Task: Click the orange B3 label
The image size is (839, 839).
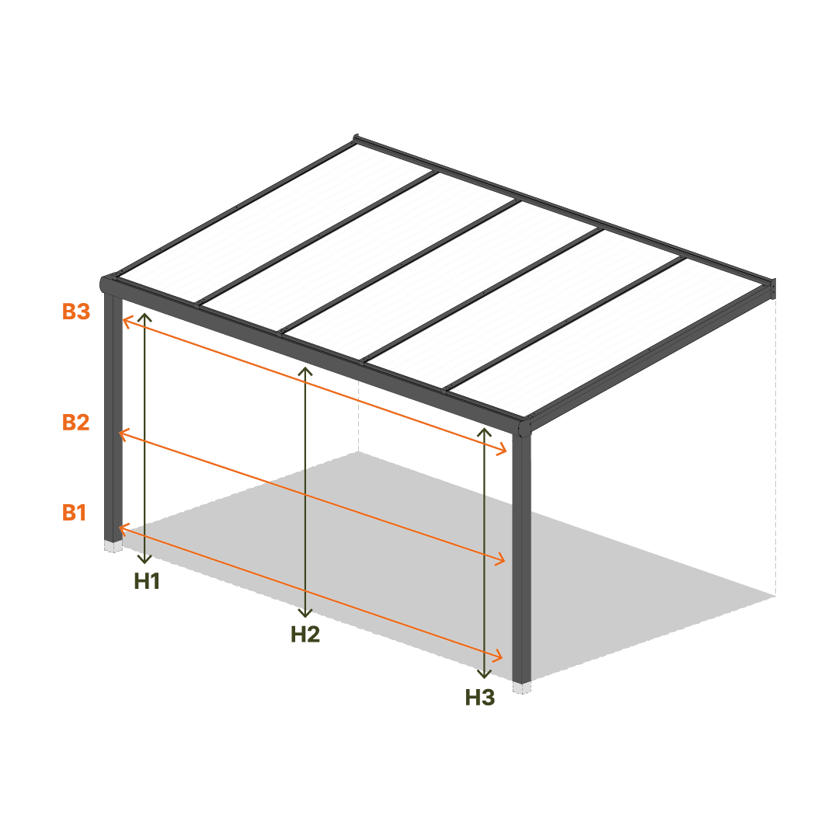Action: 76,312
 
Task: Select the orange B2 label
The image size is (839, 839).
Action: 75,422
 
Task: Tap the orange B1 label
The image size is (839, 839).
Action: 75,513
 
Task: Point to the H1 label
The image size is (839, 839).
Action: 147,581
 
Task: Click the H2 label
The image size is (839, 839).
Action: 305,635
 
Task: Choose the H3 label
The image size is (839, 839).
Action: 480,697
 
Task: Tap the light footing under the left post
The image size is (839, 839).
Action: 113,546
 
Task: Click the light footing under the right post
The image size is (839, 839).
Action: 522,688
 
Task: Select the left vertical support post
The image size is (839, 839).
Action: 113,417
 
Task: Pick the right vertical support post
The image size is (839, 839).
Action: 522,559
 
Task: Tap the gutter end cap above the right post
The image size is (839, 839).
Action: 524,427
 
